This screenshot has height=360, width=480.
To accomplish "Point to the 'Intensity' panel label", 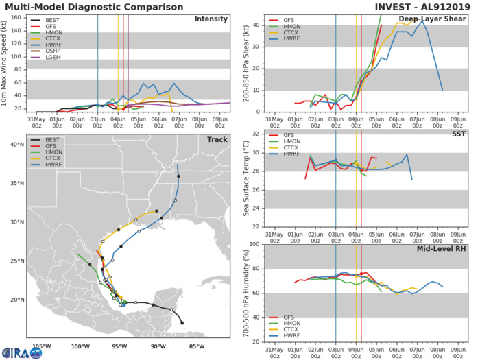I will (211, 19).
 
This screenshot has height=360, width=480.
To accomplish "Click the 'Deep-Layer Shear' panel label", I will (435, 19).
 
